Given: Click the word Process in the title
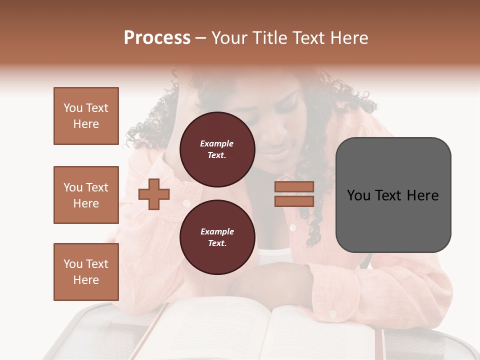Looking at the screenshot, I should (x=157, y=38).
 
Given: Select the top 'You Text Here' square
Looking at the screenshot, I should (x=86, y=116).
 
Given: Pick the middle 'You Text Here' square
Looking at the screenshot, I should (x=86, y=195).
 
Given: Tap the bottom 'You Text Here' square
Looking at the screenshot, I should (x=86, y=272).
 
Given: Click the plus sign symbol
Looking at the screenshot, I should (x=153, y=194).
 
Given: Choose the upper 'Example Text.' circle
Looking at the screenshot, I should (x=217, y=149).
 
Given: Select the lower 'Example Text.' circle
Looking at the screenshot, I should (x=217, y=237).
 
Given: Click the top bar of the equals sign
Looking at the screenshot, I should (x=294, y=186).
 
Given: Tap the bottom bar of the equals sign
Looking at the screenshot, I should (x=294, y=201).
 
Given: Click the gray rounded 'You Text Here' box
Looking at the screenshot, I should (x=393, y=195).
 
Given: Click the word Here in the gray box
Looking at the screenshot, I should (x=422, y=195).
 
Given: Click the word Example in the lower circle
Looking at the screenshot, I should (x=217, y=231).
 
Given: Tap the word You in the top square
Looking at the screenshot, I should (x=72, y=108).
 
